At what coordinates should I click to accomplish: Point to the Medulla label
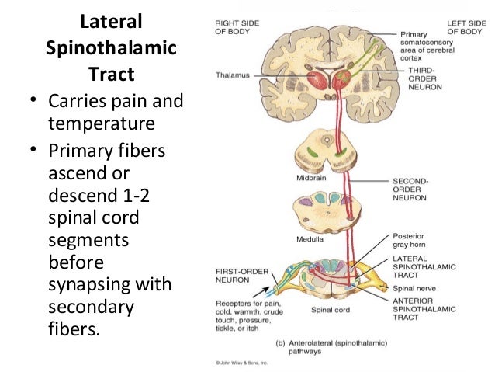308,238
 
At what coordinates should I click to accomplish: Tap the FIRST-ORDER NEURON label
239,276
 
